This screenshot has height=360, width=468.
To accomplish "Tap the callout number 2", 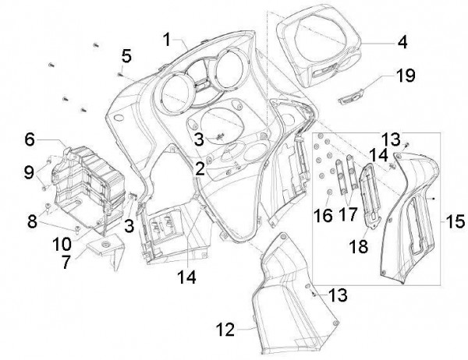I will click(x=200, y=167).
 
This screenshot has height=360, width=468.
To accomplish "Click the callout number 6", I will click(x=30, y=139).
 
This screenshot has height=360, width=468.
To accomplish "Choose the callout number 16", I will click(x=321, y=214).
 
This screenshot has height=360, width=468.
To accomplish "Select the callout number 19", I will click(x=405, y=76).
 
